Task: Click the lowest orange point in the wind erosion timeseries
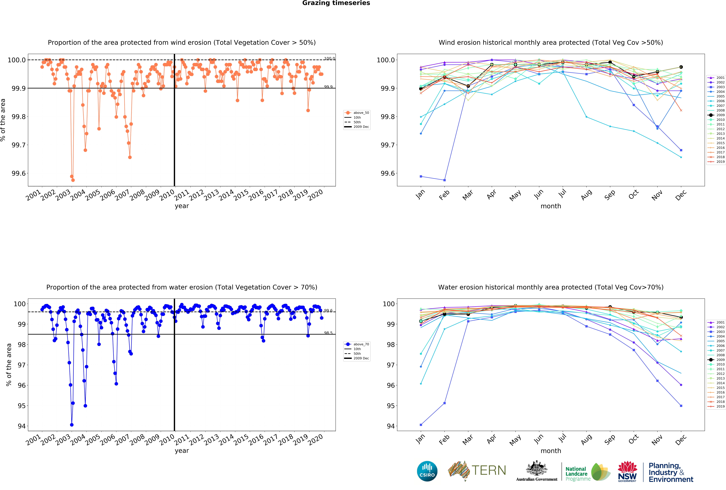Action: coord(73,180)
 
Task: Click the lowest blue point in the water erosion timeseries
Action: coord(72,425)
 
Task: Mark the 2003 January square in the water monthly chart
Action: coord(421,425)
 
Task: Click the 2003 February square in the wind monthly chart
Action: coord(445,180)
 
